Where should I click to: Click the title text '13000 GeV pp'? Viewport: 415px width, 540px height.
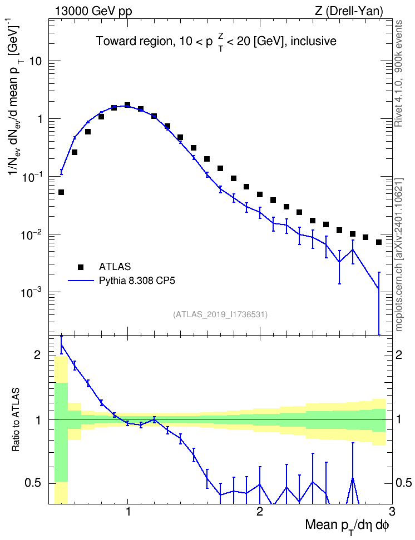point(93,11)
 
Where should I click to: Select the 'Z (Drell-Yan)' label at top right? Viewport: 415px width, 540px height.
point(349,11)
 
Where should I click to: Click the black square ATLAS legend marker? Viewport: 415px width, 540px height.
point(80,267)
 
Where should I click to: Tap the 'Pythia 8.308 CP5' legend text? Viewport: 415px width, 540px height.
point(137,281)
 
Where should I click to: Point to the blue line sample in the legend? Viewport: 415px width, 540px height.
point(81,281)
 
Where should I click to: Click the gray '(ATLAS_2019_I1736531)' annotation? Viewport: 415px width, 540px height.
point(220,314)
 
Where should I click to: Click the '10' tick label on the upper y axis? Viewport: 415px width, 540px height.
point(35,61)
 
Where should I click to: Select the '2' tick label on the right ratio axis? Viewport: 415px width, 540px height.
point(399,354)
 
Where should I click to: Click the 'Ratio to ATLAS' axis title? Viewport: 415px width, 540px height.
point(16,420)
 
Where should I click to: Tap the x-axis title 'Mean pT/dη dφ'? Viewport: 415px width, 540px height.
point(347,527)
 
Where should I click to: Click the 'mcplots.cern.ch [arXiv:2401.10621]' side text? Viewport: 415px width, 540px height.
point(399,255)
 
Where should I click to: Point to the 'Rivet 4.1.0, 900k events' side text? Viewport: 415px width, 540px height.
point(399,73)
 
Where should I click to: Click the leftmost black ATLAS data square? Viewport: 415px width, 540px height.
point(61,192)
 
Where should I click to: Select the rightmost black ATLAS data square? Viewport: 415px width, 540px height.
point(379,242)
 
